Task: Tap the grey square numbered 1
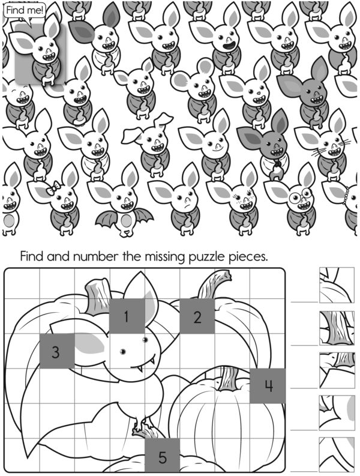tap(127, 316)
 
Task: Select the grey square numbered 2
tap(197, 316)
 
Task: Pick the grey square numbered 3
tap(57, 351)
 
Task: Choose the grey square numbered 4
tap(268, 386)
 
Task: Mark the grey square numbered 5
tap(162, 456)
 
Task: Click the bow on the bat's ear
tap(53, 188)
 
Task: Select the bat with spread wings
tap(124, 203)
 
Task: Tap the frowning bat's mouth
tap(187, 206)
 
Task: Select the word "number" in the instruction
tap(95, 256)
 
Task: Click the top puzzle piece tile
tap(337, 285)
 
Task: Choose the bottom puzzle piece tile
tap(337, 455)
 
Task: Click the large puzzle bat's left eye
tap(123, 352)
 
